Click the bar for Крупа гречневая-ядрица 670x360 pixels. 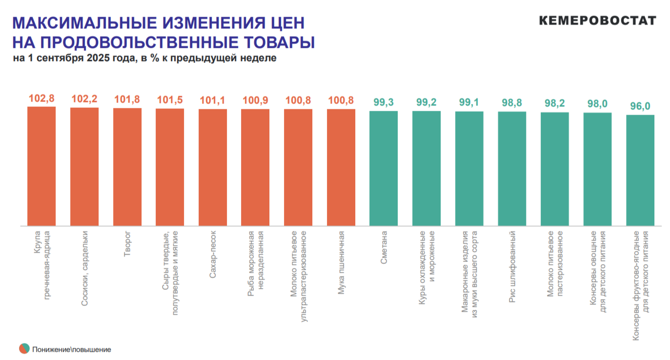(41, 166)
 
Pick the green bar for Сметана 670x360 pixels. (384, 168)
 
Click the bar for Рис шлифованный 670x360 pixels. (512, 169)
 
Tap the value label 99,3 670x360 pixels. (384, 103)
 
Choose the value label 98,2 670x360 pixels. (555, 104)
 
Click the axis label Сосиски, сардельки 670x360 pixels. (84, 268)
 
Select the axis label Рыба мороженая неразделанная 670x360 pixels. (255, 263)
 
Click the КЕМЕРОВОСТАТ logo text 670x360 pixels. (597, 20)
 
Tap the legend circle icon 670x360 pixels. (24, 349)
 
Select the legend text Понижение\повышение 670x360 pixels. (72, 349)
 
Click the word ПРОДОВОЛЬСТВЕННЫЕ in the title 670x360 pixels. (151, 42)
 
